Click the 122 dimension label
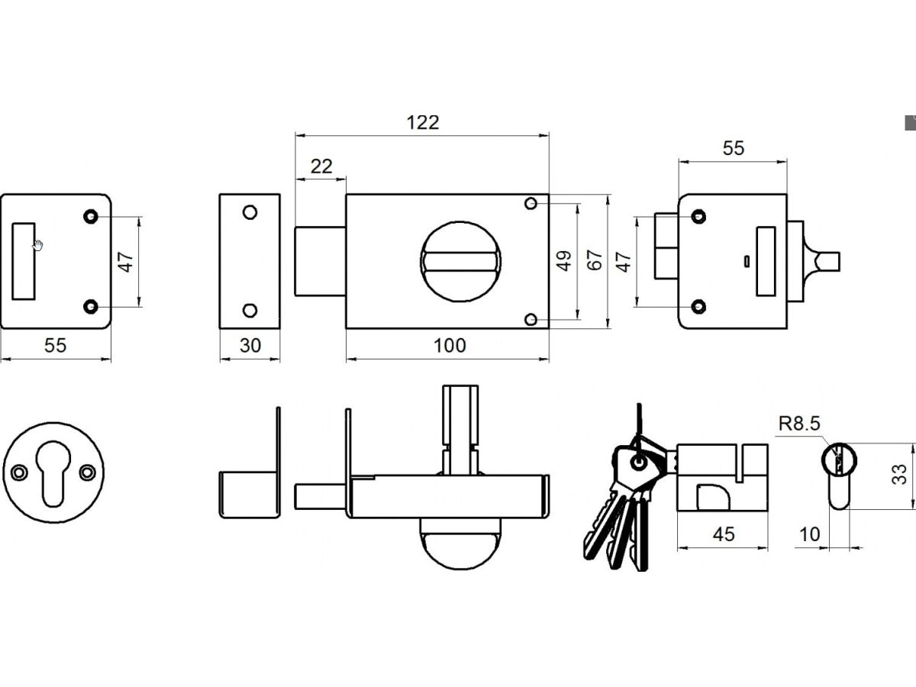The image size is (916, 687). (x=423, y=123)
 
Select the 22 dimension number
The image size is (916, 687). (x=321, y=166)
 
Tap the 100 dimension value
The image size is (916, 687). (x=450, y=345)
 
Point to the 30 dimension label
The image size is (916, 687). (x=250, y=345)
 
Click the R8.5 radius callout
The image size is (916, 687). (x=799, y=424)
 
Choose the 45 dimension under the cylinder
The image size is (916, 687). (x=723, y=534)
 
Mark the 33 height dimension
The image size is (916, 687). (x=900, y=474)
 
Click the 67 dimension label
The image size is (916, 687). (x=595, y=260)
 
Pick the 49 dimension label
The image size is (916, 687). (x=564, y=261)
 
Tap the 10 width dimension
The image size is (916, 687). (x=809, y=534)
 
